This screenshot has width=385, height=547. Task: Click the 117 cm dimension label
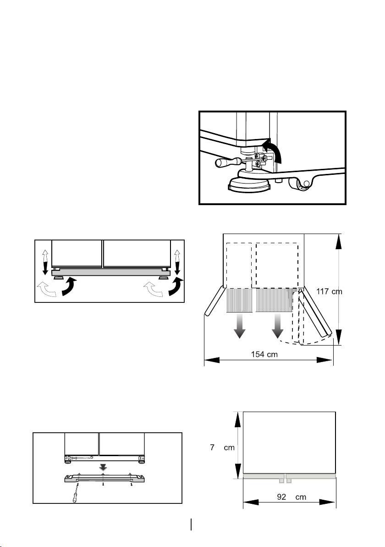coord(329,291)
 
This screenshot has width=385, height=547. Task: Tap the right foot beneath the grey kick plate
coord(163,278)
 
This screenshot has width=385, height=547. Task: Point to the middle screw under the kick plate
coord(104,483)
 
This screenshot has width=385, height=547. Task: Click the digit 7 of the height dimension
coord(213,447)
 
